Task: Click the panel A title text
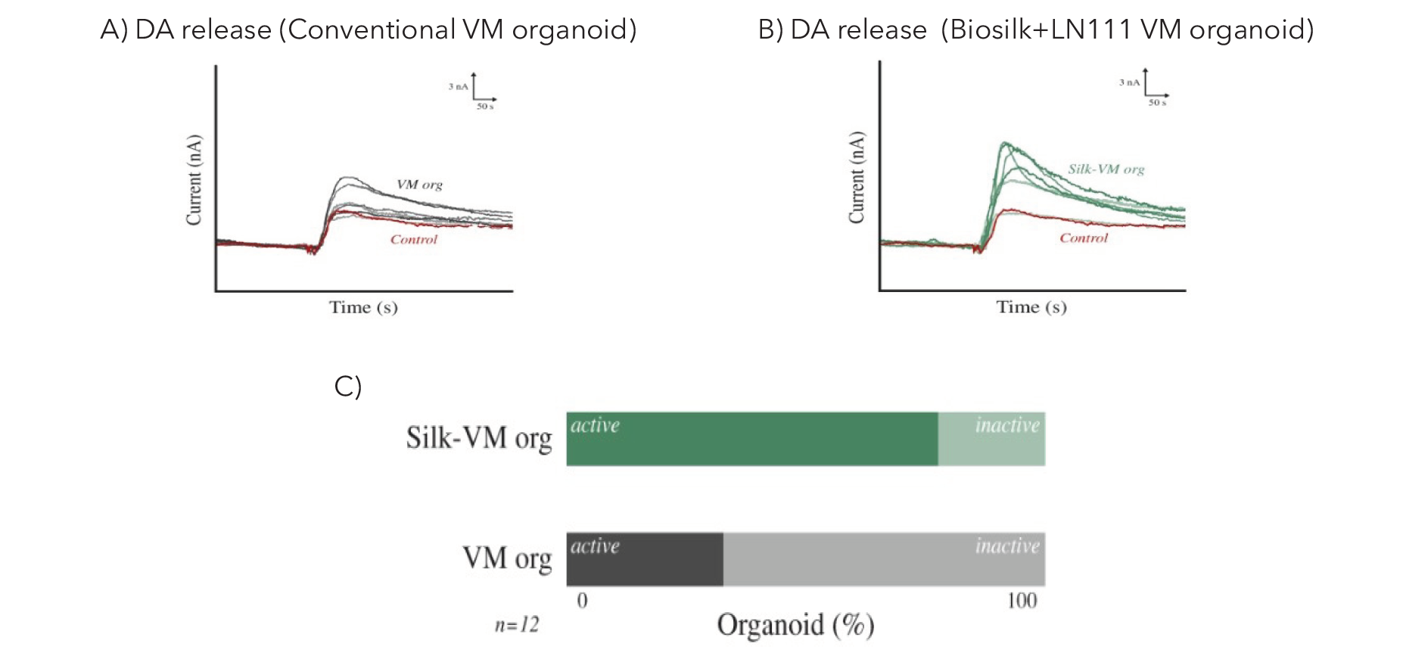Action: click(x=369, y=30)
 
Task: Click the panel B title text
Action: click(x=1035, y=30)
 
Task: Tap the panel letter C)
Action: click(x=347, y=387)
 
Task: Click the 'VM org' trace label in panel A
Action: click(x=419, y=185)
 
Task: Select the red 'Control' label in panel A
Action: click(x=414, y=240)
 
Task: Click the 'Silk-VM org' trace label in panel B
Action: click(x=1106, y=169)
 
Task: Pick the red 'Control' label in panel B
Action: click(x=1083, y=238)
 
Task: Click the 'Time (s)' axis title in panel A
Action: click(x=363, y=307)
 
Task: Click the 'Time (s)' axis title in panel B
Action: click(x=1031, y=307)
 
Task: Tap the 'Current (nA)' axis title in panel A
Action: click(x=194, y=180)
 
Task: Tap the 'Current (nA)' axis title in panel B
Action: click(x=857, y=178)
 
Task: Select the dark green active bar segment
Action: click(x=751, y=440)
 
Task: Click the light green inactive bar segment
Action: click(x=991, y=440)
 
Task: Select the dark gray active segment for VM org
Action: click(x=644, y=560)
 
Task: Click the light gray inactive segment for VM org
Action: click(x=883, y=560)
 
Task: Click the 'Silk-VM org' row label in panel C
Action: click(x=478, y=438)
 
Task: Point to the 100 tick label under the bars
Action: click(x=1022, y=601)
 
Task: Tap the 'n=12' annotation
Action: click(x=517, y=625)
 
